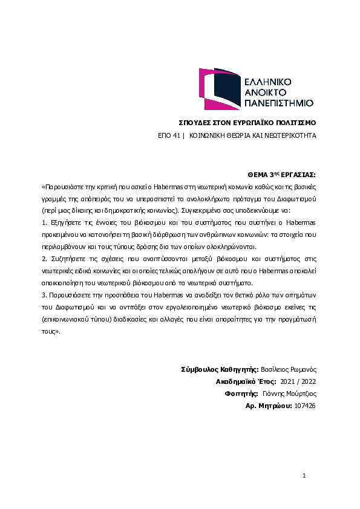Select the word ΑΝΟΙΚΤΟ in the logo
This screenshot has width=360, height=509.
[266, 92]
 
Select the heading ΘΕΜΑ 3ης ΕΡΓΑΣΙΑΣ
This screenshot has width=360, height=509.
[283, 172]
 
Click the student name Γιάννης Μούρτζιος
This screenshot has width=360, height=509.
[293, 394]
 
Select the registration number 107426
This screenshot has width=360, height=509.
[306, 406]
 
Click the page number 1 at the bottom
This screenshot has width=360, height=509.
[304, 476]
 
